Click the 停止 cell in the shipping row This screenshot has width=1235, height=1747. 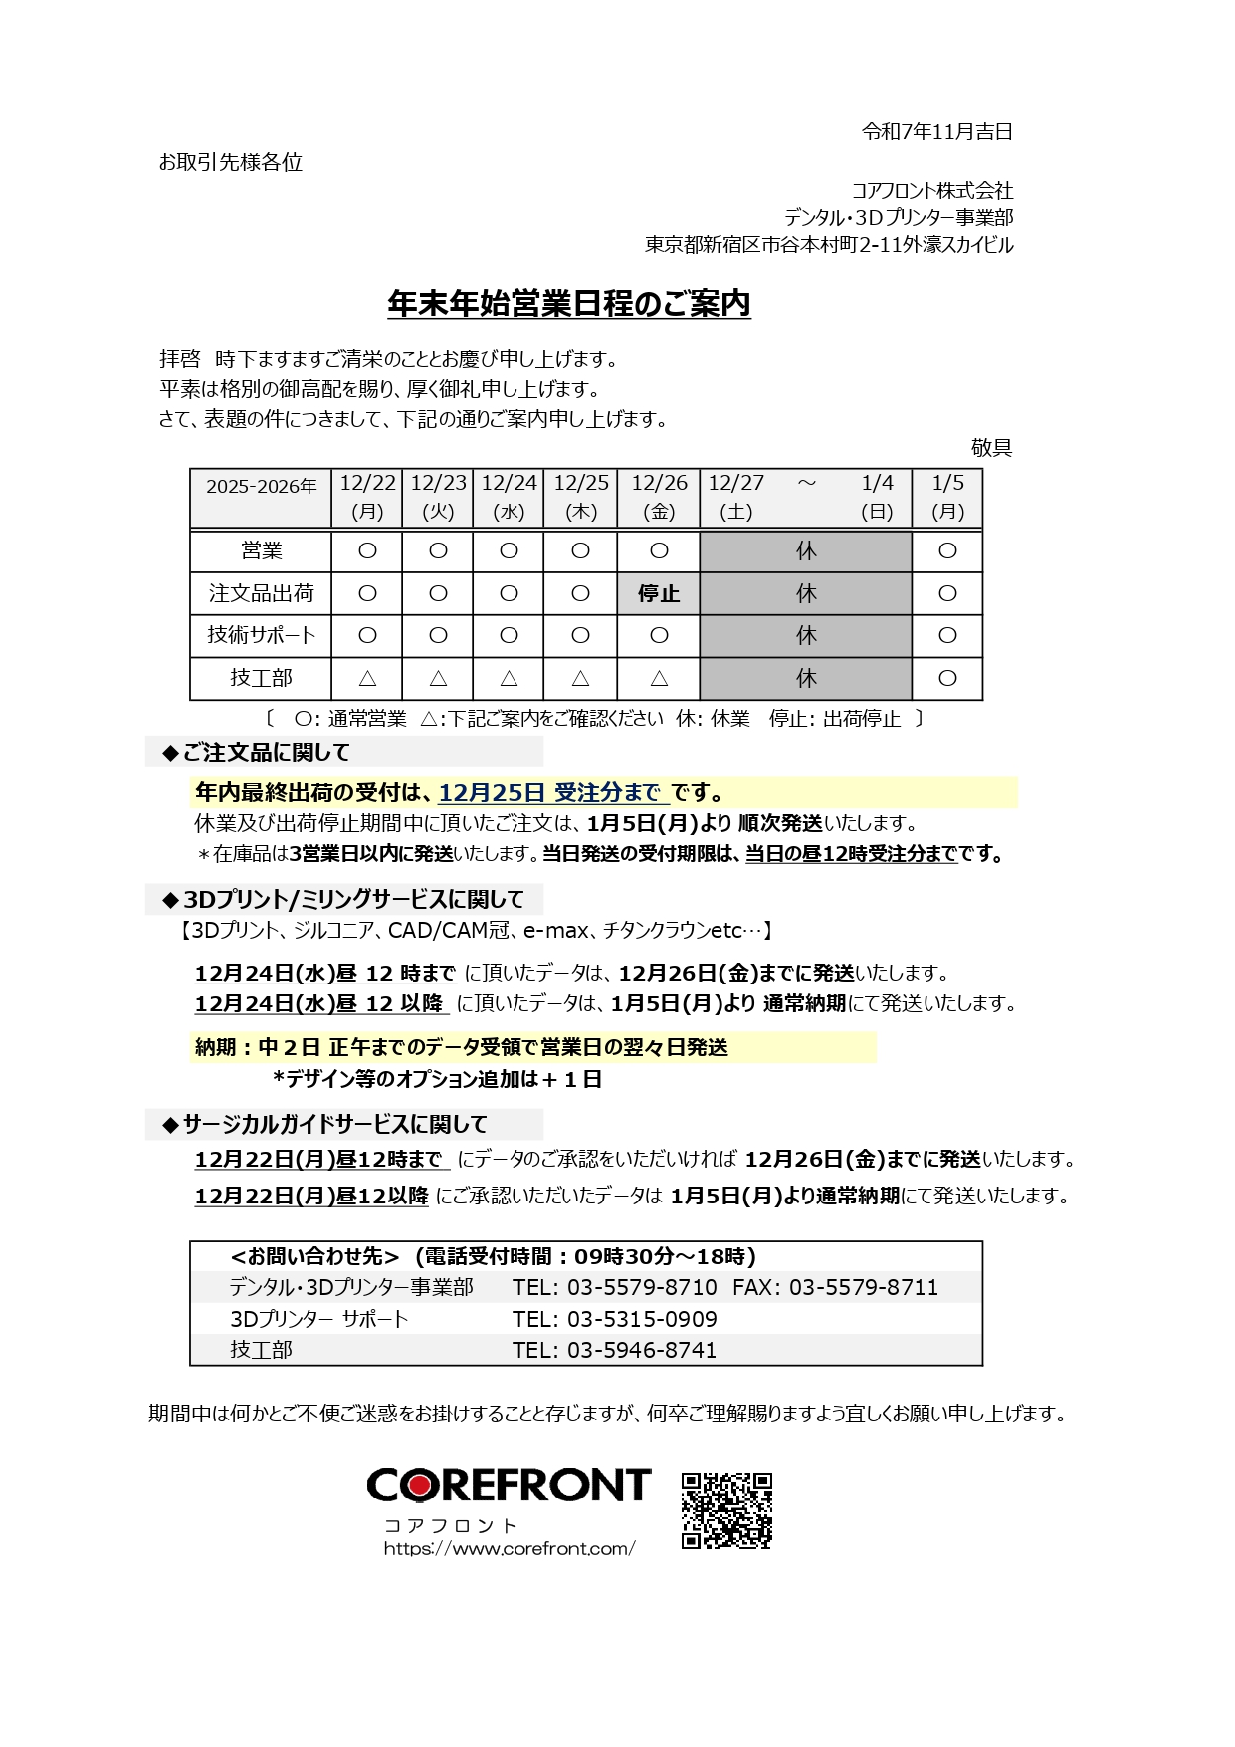click(x=658, y=594)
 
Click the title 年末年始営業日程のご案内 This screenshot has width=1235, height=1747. click(x=568, y=305)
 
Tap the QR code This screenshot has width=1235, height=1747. click(x=726, y=1510)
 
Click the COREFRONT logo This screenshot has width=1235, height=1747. click(x=509, y=1485)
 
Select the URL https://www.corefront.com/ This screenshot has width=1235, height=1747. click(x=509, y=1549)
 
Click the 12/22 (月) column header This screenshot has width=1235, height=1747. click(x=367, y=497)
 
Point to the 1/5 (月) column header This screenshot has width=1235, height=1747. click(x=946, y=497)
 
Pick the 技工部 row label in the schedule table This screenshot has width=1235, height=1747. click(x=261, y=678)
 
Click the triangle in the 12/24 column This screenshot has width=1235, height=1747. click(x=509, y=679)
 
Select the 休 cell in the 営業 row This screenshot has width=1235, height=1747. click(x=805, y=551)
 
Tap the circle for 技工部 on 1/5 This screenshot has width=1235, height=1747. click(x=946, y=679)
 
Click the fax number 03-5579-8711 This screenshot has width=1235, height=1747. click(x=863, y=1288)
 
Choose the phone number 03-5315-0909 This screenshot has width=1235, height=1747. click(x=642, y=1319)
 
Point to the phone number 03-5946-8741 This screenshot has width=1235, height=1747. click(x=642, y=1350)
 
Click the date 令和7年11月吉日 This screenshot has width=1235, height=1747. click(x=936, y=132)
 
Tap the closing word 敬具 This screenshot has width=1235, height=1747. click(x=990, y=448)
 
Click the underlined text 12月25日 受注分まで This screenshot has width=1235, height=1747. click(x=552, y=793)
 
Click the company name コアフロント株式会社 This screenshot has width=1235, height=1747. click(x=931, y=190)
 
